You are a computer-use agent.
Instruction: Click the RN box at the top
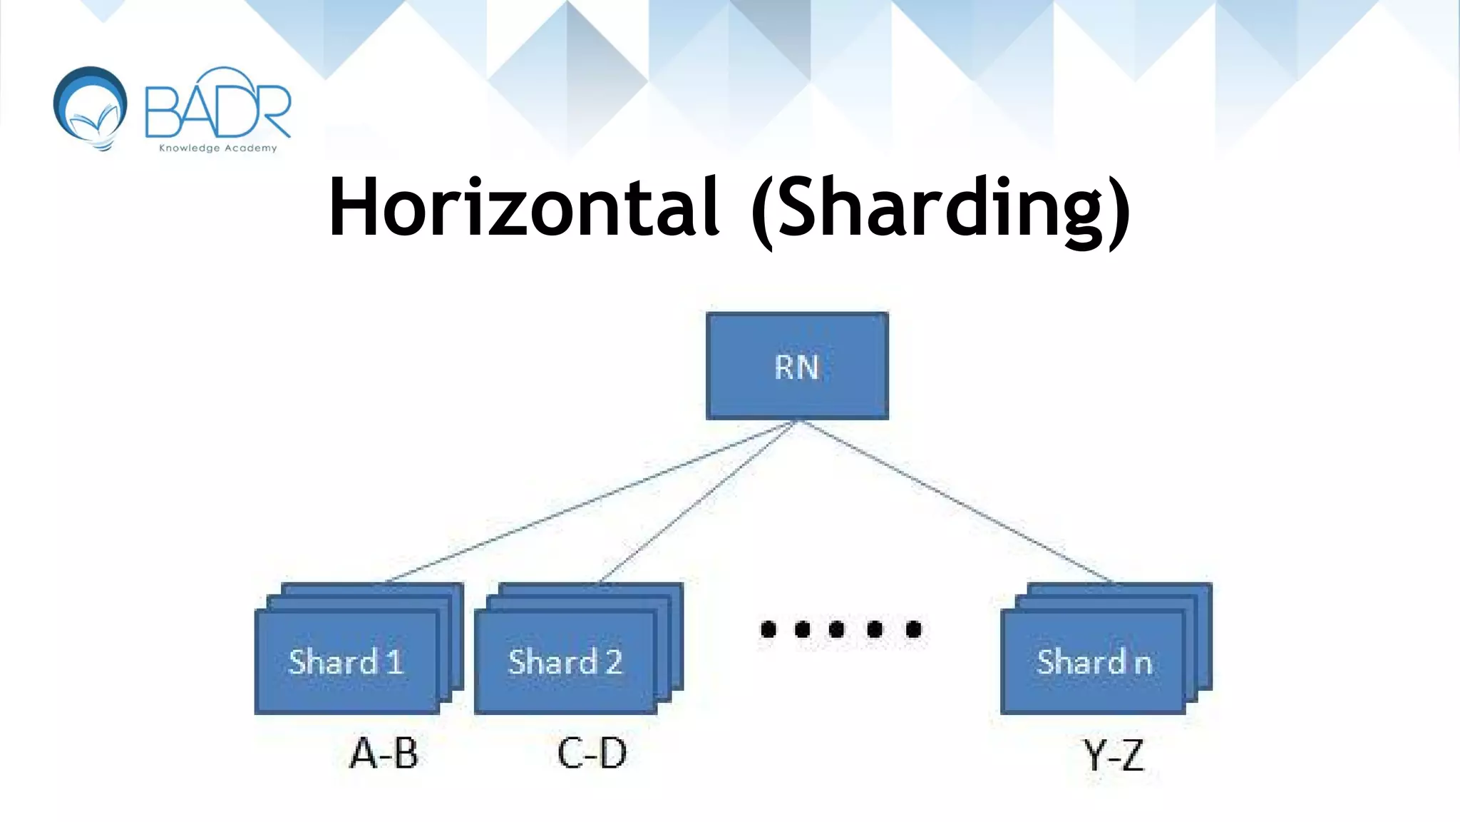click(797, 366)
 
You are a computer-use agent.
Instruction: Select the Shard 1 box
click(346, 662)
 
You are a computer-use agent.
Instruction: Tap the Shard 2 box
click(565, 662)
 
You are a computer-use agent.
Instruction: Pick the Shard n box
click(1093, 662)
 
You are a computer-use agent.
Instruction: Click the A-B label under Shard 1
click(384, 753)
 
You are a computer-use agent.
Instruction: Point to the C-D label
click(592, 753)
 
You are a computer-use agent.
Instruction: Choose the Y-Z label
click(1114, 755)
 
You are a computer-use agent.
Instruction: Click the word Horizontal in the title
click(524, 207)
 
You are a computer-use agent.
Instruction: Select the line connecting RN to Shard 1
click(592, 501)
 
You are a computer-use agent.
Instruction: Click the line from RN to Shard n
click(955, 501)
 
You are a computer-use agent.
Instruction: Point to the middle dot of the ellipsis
click(837, 629)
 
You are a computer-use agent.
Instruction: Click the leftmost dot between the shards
click(768, 629)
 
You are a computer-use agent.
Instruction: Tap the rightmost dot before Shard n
click(913, 629)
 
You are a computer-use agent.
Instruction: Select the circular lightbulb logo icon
click(91, 107)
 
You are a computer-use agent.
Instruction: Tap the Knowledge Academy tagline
click(217, 148)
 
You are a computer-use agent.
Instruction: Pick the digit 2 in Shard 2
click(613, 662)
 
